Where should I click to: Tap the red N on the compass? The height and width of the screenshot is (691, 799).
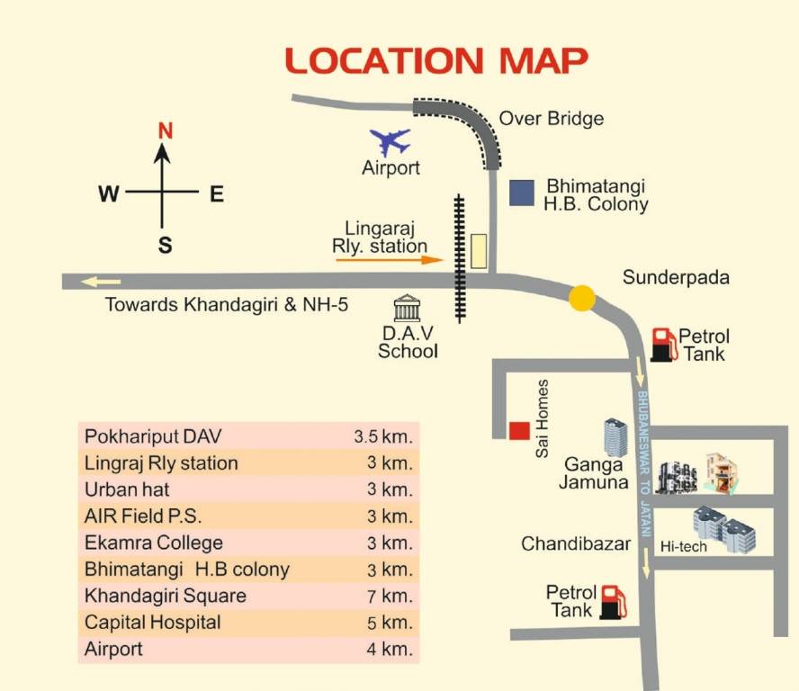(x=165, y=130)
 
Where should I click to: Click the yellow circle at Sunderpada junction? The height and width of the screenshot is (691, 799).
(x=582, y=298)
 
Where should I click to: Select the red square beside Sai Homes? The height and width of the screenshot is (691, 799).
(x=518, y=431)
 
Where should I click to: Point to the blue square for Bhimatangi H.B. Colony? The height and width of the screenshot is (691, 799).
(x=519, y=193)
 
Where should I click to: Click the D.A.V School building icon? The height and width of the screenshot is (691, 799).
(x=408, y=308)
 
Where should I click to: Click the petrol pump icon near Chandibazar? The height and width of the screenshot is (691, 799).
(x=614, y=602)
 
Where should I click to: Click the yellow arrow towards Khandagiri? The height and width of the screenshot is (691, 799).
(x=101, y=282)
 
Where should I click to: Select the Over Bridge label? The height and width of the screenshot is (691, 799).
(x=551, y=118)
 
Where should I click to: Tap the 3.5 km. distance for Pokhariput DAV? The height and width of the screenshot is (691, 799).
(x=382, y=437)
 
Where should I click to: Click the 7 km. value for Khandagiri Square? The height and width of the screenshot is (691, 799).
(x=390, y=596)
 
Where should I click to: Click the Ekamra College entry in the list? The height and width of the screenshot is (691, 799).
(x=154, y=543)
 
